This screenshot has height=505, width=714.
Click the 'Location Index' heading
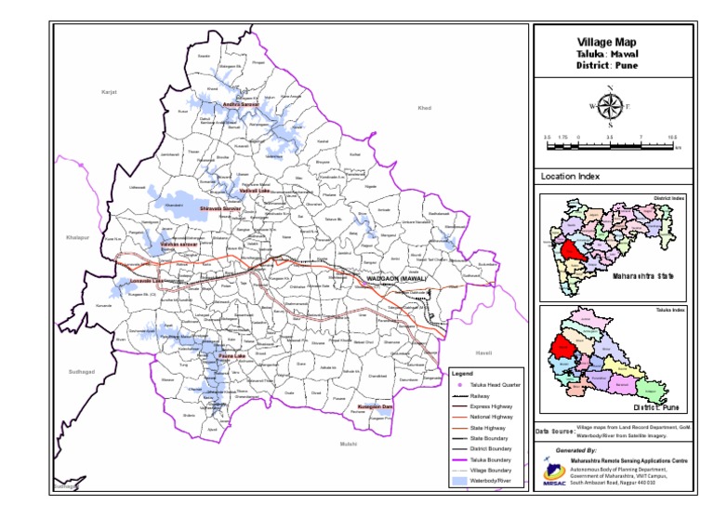pyautogui.click(x=570, y=176)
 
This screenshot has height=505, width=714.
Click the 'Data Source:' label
pyautogui.click(x=554, y=432)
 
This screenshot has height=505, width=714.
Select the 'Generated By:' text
pyautogui.click(x=576, y=449)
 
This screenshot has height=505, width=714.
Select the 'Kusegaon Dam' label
pyautogui.click(x=376, y=407)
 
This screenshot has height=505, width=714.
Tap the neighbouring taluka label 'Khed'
pyautogui.click(x=425, y=109)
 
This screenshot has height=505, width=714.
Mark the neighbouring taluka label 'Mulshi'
pyautogui.click(x=349, y=445)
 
